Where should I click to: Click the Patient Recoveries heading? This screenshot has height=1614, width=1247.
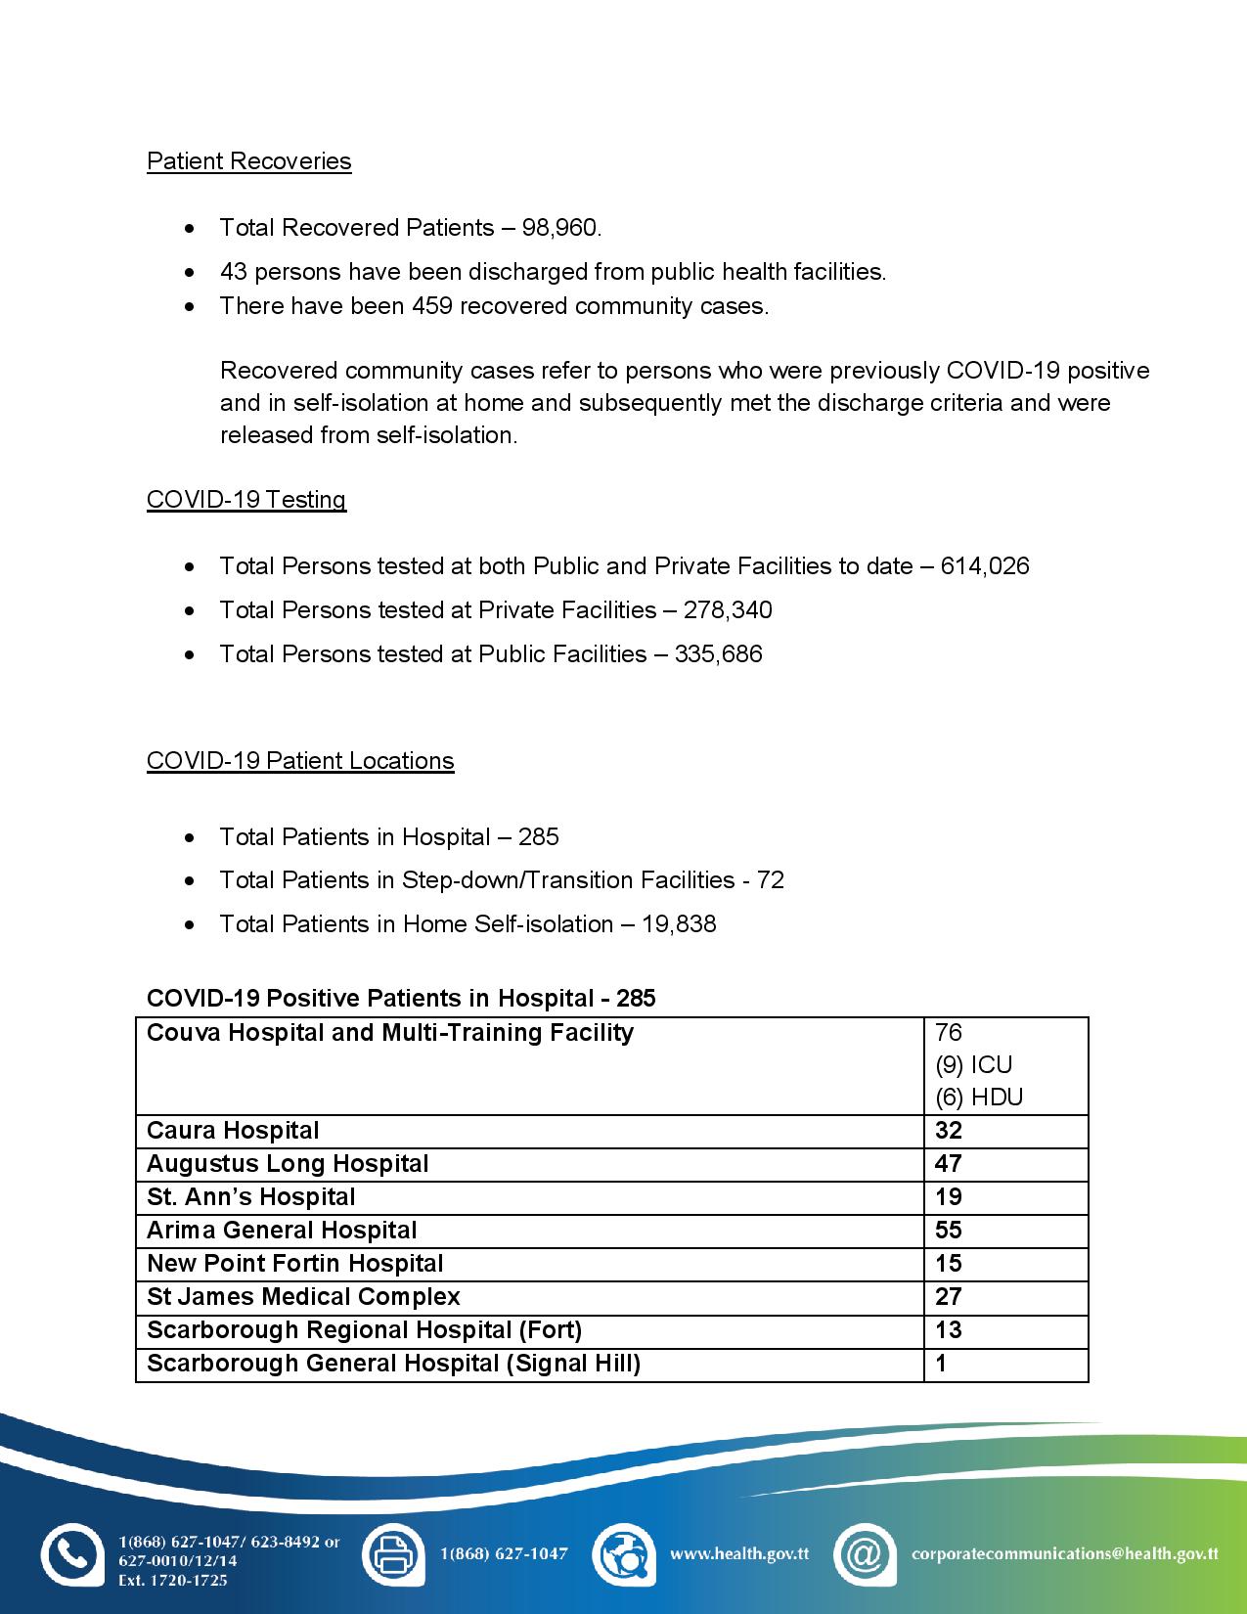click(x=248, y=161)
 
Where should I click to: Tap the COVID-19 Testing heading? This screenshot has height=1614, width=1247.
click(x=245, y=500)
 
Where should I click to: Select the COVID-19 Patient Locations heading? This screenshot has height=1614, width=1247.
click(x=300, y=761)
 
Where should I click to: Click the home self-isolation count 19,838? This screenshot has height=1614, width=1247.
click(x=679, y=924)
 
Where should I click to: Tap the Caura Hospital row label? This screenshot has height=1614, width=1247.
click(x=233, y=1131)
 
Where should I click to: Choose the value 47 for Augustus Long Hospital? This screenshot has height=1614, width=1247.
click(x=949, y=1164)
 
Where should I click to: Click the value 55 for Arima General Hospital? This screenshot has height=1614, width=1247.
click(x=949, y=1231)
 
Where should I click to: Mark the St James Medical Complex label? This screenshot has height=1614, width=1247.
click(x=303, y=1297)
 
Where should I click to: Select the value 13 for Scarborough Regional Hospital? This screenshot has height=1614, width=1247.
click(x=949, y=1330)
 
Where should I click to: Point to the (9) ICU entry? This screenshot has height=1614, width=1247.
click(x=973, y=1065)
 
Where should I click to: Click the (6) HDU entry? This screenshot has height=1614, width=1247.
click(x=979, y=1098)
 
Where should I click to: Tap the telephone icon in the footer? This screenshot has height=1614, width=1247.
click(x=71, y=1553)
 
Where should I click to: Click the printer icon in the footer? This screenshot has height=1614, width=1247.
click(x=393, y=1553)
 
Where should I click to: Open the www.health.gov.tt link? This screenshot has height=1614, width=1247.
click(x=738, y=1553)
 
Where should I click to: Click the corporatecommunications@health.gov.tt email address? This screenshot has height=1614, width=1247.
click(x=1064, y=1553)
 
